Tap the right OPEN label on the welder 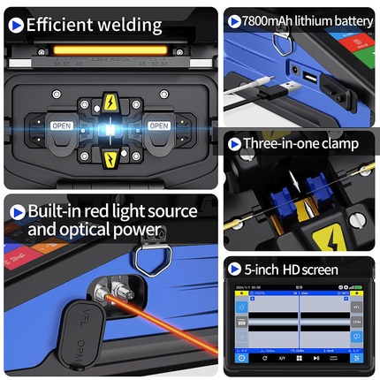tap(159, 125)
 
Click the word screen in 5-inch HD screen tap(318, 270)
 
